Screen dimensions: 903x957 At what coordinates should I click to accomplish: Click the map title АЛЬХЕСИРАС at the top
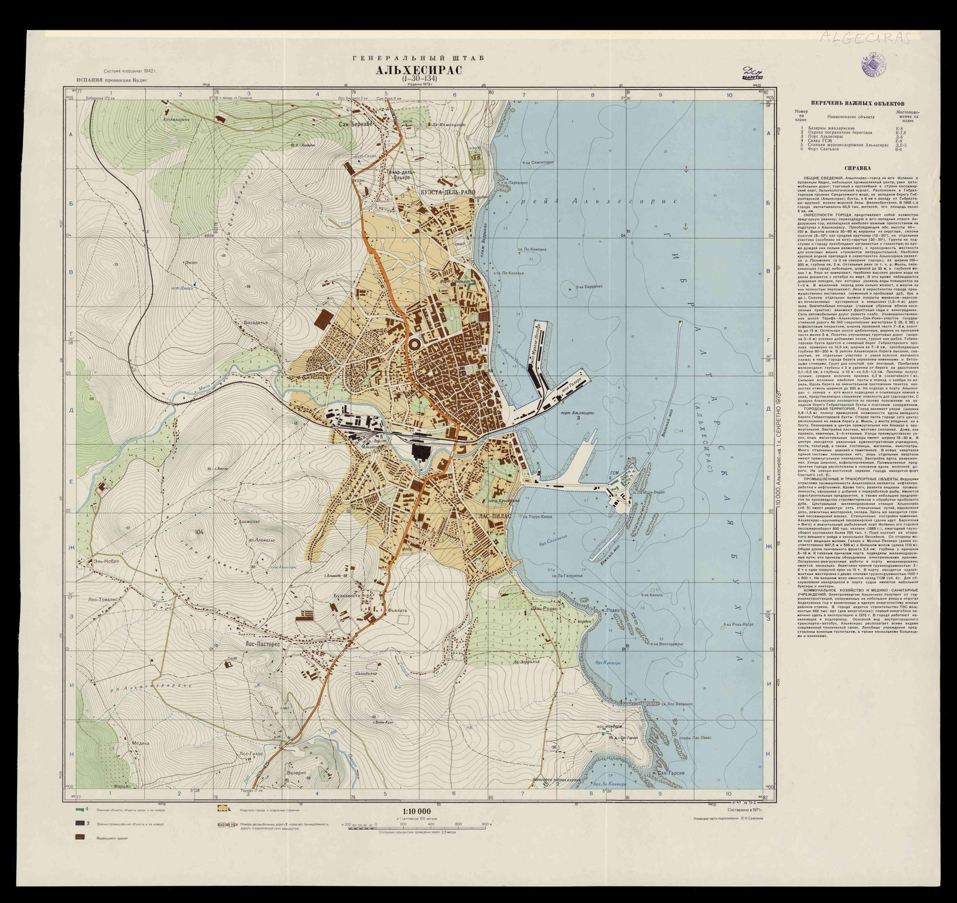[418, 70]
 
